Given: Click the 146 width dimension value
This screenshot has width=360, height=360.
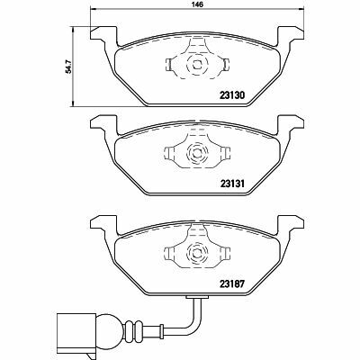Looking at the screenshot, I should [192, 5].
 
